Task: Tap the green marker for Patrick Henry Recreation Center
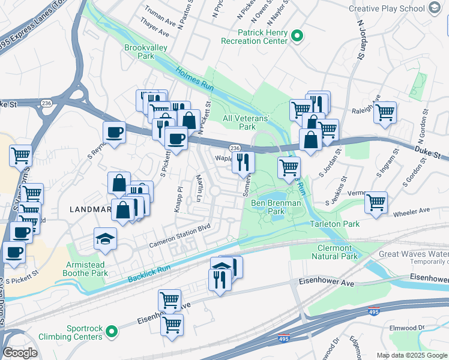[x=297, y=37]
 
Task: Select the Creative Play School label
[x=386, y=8]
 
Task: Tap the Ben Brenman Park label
[x=276, y=208]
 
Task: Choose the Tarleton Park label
[x=334, y=224]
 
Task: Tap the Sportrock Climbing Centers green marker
[x=111, y=331]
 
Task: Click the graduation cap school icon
[x=105, y=238]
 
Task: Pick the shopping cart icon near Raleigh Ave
[x=385, y=112]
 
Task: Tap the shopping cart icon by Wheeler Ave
[x=376, y=202]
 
